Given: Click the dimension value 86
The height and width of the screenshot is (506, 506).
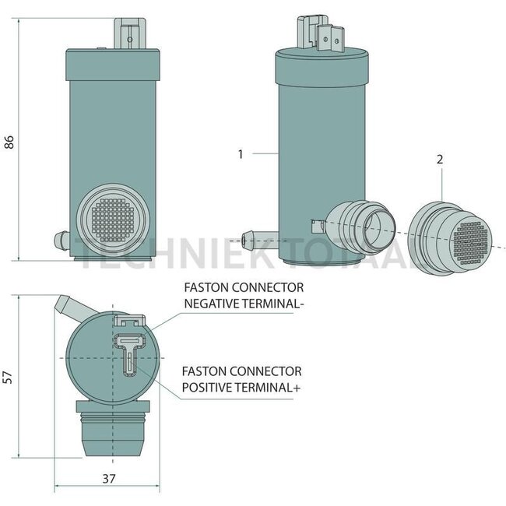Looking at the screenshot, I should click(9, 142).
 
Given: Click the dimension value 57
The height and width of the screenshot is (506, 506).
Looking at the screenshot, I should click(9, 377).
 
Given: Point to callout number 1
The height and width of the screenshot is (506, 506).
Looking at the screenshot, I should click(241, 154).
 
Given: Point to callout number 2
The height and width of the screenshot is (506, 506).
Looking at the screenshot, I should click(440, 159).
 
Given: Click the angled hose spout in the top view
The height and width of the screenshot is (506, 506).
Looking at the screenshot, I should click(68, 307).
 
